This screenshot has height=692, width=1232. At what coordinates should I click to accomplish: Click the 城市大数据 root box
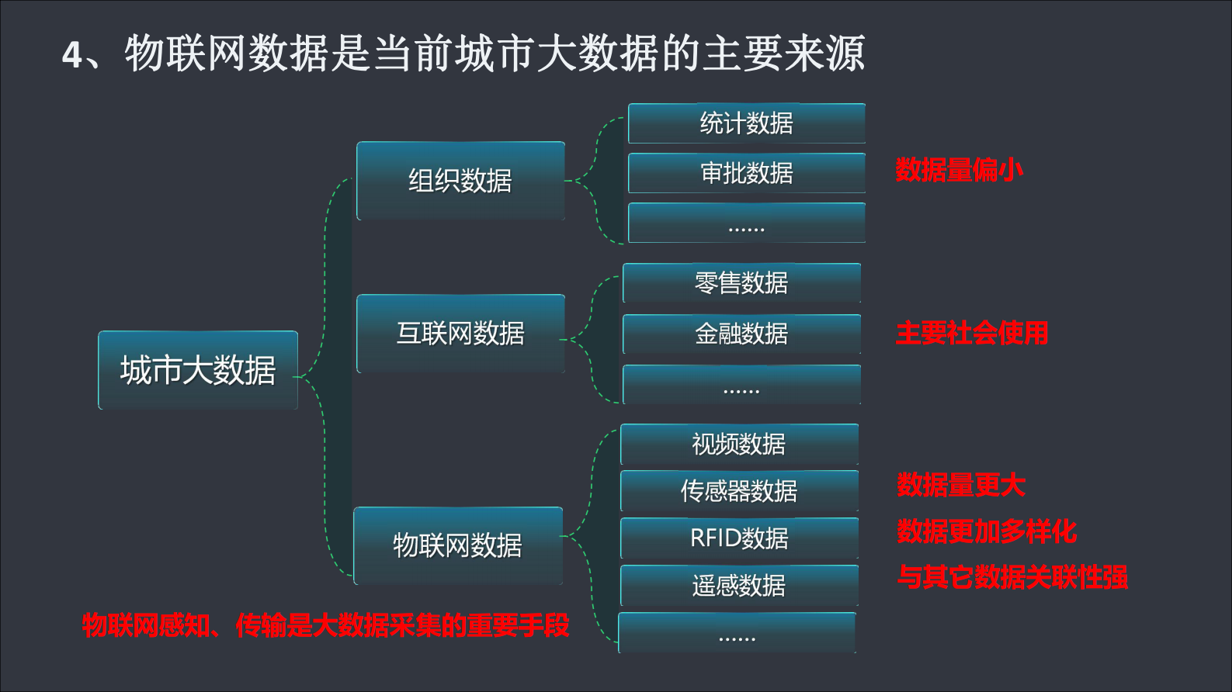click(198, 370)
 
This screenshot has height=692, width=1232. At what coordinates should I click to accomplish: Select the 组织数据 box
click(460, 181)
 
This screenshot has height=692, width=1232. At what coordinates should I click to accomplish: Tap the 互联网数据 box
click(460, 334)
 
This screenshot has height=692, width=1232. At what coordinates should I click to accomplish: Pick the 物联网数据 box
click(458, 545)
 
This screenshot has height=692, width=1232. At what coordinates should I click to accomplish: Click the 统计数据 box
click(746, 123)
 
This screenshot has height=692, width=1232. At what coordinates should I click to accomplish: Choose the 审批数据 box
click(746, 173)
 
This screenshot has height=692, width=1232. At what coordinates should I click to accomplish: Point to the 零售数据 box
click(741, 283)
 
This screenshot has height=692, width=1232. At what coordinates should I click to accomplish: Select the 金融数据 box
click(741, 334)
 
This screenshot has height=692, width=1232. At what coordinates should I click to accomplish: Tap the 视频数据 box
click(739, 445)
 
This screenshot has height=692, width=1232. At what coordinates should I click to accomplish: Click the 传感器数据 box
click(739, 491)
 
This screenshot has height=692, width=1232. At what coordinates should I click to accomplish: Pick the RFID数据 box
click(739, 538)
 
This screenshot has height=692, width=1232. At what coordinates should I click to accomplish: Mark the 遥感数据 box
click(739, 586)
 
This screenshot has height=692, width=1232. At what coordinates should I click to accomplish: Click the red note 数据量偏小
click(959, 170)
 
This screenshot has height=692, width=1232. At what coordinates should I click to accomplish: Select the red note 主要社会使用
click(972, 334)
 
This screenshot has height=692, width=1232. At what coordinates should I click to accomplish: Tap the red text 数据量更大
click(961, 486)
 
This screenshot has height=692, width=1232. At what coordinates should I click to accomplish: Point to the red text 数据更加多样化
click(987, 531)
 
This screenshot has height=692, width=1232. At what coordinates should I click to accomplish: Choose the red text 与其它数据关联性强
click(1012, 577)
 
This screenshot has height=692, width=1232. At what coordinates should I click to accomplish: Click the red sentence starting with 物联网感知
click(326, 625)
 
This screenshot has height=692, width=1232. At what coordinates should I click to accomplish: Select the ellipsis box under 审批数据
click(746, 223)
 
